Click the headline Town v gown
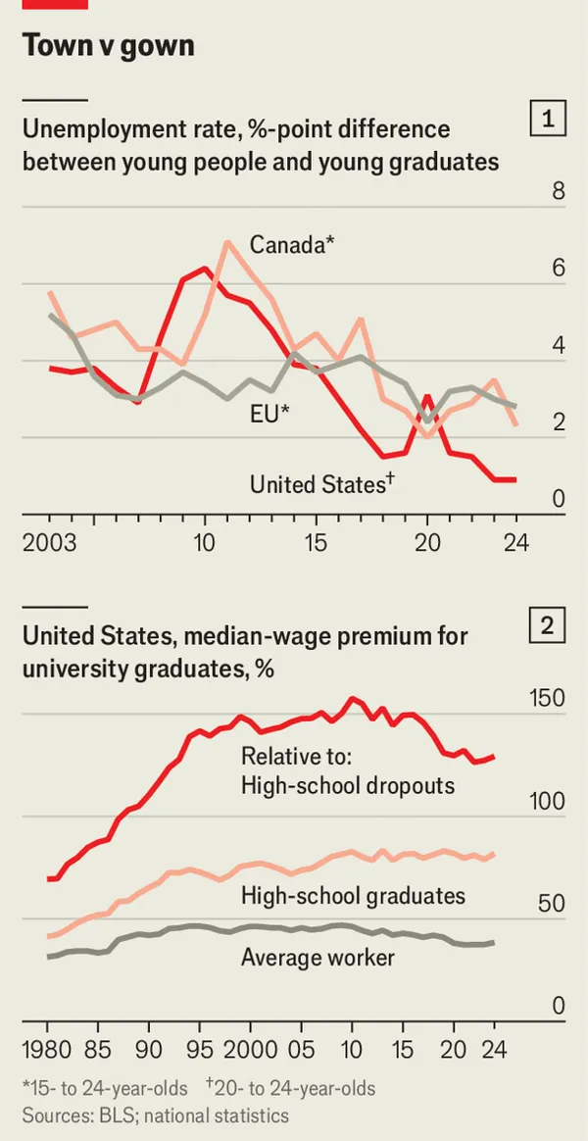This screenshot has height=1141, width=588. click(108, 45)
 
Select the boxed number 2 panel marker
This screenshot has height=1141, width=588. click(548, 624)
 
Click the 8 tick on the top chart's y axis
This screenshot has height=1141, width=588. click(559, 191)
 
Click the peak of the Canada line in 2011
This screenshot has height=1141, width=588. click(227, 241)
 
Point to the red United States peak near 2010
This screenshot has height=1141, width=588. click(205, 268)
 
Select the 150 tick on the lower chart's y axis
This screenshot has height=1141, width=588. click(546, 698)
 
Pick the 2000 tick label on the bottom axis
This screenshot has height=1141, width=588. click(250, 1050)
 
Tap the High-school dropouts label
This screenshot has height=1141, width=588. click(348, 786)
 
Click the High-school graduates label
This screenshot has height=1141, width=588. click(353, 895)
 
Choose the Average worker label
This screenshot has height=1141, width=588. click(318, 958)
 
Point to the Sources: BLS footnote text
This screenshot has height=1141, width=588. click(156, 1115)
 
